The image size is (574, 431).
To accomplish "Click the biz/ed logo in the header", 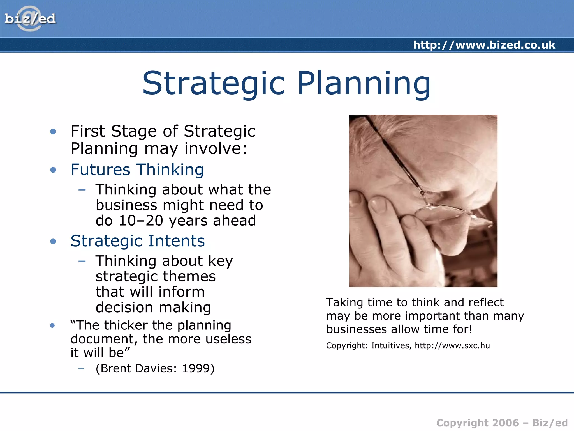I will coord(30,19).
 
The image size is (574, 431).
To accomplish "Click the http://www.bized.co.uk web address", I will coord(484,45).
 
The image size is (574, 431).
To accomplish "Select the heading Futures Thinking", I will coord(137,170).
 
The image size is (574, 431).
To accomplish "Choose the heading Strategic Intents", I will coord(138,241).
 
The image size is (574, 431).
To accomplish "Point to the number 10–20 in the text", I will coord(141,221).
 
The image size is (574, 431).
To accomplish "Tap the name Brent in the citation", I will coord(115,368).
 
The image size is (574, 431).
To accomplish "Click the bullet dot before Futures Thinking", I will coord(53,170).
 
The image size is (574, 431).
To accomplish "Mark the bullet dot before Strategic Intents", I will coord(53,241).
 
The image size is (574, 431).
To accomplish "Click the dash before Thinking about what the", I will coord(82,190).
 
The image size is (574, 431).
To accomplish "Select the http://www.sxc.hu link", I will coord(452,345).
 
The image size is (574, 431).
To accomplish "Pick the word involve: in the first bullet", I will coord(216,149).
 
